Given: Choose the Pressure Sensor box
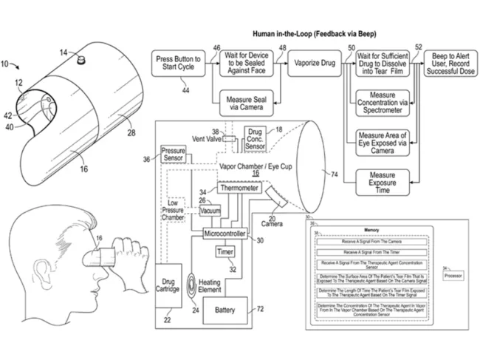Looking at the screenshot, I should (173, 154).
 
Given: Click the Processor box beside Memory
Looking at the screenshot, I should (452, 276).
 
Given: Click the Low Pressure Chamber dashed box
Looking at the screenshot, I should (174, 209).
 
